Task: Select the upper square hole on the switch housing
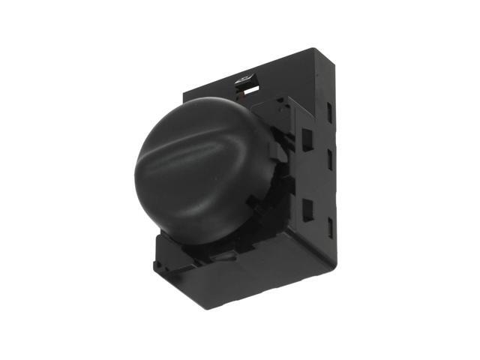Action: [307, 138]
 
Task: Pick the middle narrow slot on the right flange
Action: [330, 157]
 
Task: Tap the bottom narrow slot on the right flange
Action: [330, 224]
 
